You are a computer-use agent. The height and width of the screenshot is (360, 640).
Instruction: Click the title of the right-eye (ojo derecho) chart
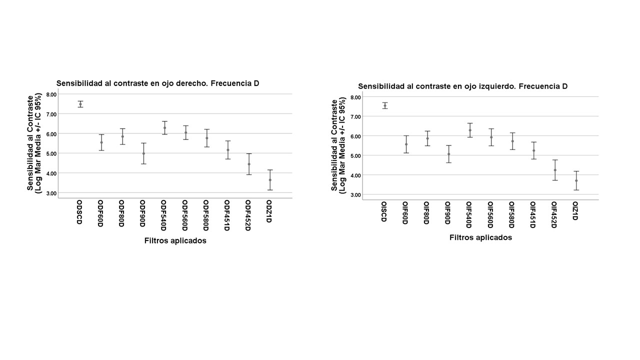(157, 83)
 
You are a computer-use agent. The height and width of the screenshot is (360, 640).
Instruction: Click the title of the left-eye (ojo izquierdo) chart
(462, 86)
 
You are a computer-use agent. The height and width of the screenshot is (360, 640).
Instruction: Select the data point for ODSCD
(80, 104)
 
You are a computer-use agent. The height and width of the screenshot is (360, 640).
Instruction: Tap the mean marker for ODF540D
(164, 128)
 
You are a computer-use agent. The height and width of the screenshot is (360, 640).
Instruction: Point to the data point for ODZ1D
(270, 180)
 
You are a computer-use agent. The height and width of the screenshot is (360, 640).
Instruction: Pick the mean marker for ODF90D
(143, 153)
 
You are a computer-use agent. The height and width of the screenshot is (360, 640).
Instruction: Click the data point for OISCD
(385, 105)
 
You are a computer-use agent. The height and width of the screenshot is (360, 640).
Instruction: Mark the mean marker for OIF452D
(555, 170)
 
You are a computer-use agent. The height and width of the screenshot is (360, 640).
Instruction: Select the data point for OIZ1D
(576, 180)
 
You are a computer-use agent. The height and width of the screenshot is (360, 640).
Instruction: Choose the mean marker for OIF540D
(470, 130)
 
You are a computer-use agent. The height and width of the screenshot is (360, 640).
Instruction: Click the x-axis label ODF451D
(227, 215)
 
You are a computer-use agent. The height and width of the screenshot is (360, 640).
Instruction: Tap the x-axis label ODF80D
(121, 213)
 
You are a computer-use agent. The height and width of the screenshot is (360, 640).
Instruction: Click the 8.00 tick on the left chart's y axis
(51, 94)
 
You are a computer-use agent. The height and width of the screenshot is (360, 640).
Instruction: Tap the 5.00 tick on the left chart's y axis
(51, 153)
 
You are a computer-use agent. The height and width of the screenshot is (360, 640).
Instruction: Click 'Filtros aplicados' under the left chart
(175, 241)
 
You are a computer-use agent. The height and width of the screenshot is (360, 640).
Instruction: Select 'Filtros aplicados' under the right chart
(480, 238)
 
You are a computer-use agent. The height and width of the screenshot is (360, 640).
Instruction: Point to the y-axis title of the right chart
(338, 145)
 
